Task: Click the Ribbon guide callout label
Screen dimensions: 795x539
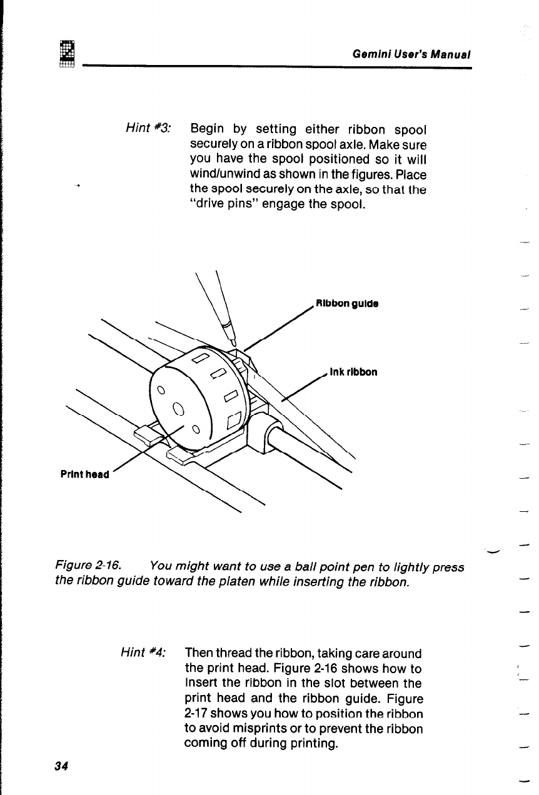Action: coord(348,304)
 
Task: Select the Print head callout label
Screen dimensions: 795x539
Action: coord(84,474)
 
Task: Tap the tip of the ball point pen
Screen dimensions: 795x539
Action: coord(233,342)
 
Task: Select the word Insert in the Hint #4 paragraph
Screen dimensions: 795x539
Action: coord(200,683)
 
